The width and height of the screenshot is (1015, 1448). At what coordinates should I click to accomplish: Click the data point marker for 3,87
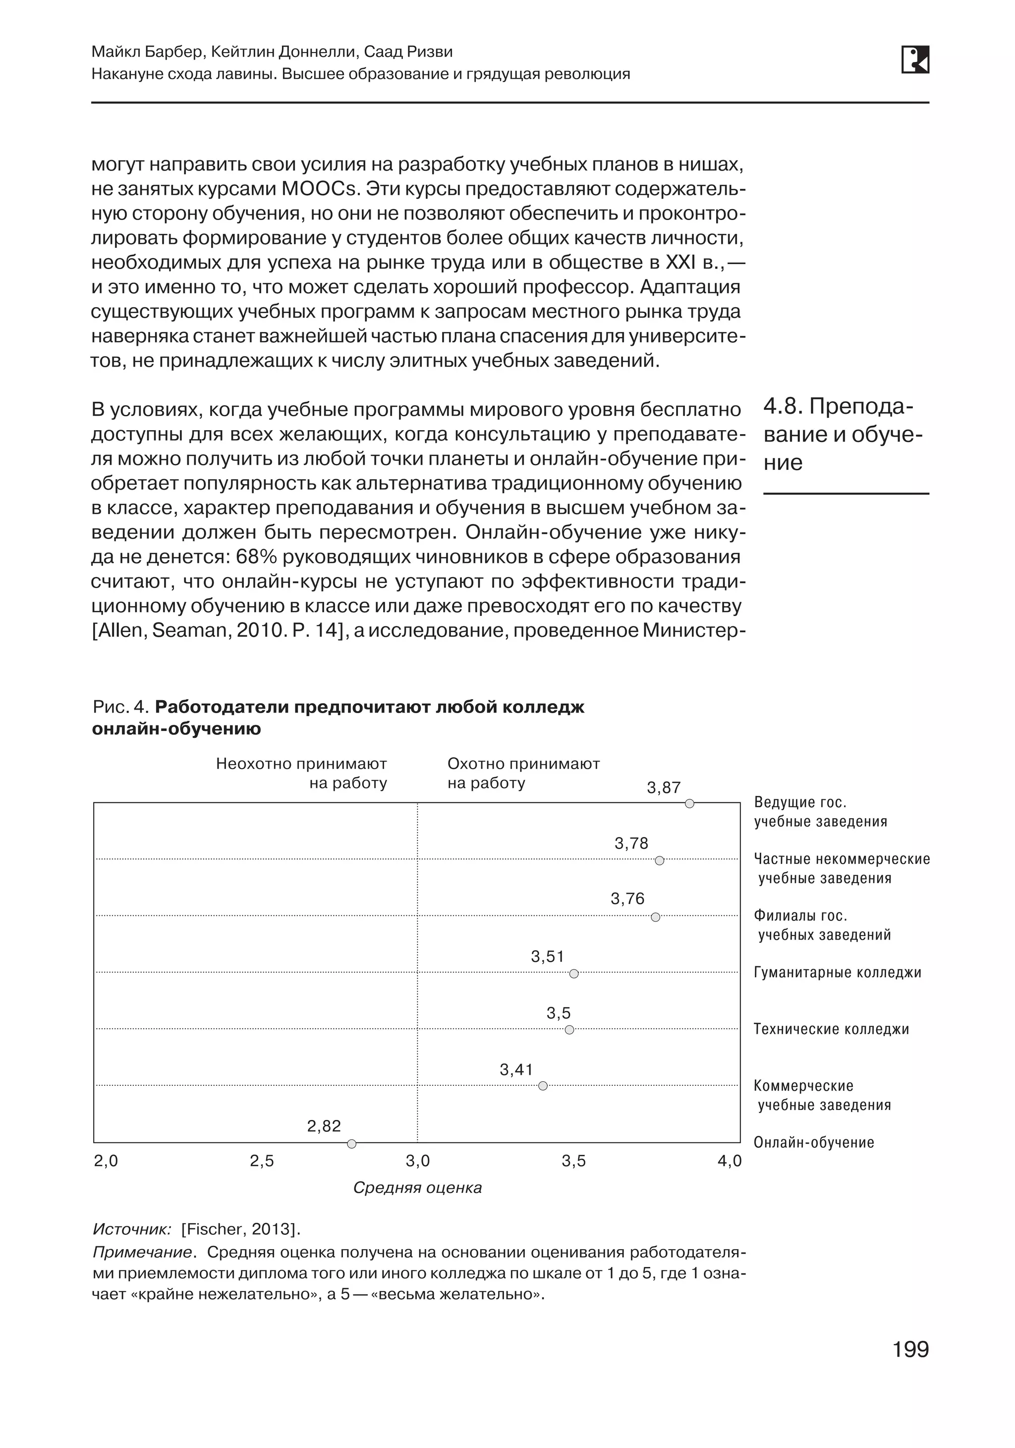tap(689, 803)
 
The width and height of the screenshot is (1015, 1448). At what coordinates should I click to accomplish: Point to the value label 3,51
tap(547, 957)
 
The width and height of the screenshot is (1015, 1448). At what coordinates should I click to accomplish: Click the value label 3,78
tap(631, 844)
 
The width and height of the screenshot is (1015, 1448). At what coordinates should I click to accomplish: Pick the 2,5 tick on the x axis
tap(262, 1161)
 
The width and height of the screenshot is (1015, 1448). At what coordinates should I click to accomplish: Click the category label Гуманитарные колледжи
tap(837, 972)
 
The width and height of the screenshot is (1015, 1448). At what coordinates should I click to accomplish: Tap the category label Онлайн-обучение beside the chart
tap(813, 1143)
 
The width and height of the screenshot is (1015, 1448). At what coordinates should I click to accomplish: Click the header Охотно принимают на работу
tap(523, 773)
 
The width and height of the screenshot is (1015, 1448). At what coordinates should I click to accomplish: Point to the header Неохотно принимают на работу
tap(301, 773)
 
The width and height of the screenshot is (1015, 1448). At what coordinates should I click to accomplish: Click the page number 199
tap(910, 1349)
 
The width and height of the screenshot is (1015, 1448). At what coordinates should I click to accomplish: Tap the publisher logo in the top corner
tap(915, 60)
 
